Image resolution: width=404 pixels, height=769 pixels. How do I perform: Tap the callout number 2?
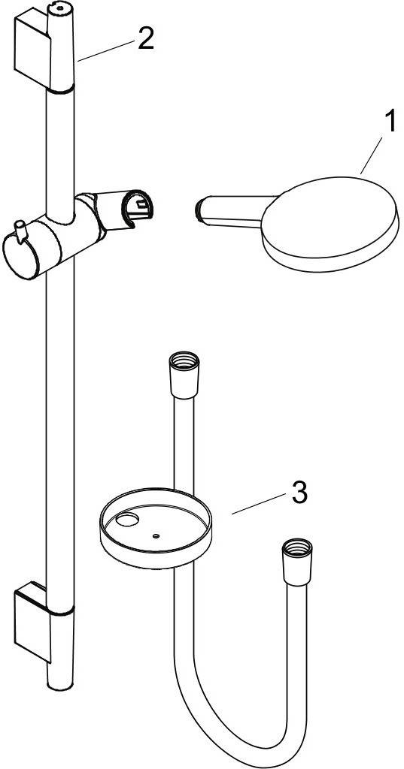146,38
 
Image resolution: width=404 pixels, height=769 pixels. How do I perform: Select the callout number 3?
299,493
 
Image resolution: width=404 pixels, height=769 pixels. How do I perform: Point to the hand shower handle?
231,212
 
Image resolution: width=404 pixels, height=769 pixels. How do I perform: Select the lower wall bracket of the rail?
32,620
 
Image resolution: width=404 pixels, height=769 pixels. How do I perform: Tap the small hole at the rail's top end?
60,8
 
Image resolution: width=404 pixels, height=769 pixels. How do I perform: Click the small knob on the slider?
20,231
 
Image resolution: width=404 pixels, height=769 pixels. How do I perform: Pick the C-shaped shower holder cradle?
137,209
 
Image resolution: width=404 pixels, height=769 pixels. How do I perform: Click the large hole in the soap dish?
129,520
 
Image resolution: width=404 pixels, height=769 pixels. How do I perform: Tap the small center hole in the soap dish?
156,536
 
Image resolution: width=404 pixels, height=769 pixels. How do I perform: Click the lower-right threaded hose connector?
297,562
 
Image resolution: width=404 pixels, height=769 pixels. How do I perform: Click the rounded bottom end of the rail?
60,683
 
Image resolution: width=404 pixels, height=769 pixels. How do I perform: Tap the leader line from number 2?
105,51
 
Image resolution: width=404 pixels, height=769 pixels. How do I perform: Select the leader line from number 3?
259,504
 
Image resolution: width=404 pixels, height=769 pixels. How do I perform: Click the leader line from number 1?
371,155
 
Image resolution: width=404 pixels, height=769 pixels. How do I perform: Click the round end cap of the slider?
20,256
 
